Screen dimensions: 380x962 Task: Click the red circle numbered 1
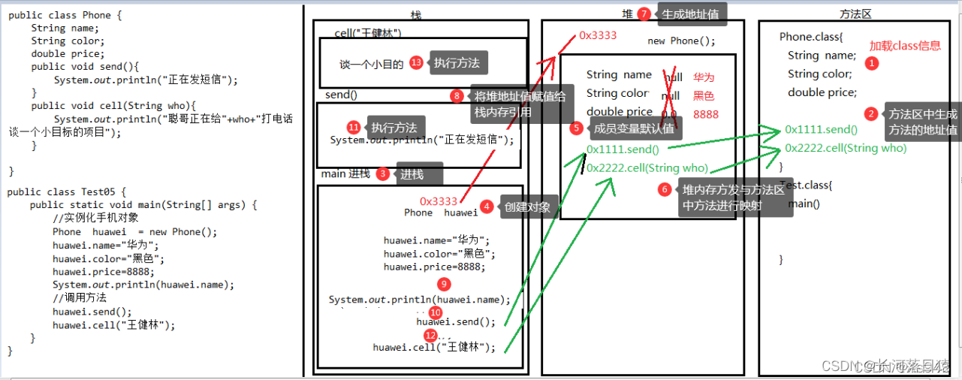pos(871,64)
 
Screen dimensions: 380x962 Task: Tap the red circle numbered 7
pos(643,14)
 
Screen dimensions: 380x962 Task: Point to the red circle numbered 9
pos(445,284)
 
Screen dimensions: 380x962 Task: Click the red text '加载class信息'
pos(905,46)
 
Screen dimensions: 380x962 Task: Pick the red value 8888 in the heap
pos(705,114)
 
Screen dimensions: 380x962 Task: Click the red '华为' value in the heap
pos(704,77)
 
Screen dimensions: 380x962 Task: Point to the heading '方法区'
pos(855,14)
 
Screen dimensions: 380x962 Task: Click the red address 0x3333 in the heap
pos(598,35)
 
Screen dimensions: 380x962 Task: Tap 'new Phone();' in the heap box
pos(681,41)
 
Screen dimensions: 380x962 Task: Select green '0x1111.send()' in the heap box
pos(623,149)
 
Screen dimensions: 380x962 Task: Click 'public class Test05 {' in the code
pos(68,192)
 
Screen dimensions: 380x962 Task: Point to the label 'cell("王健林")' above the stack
pos(368,33)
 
